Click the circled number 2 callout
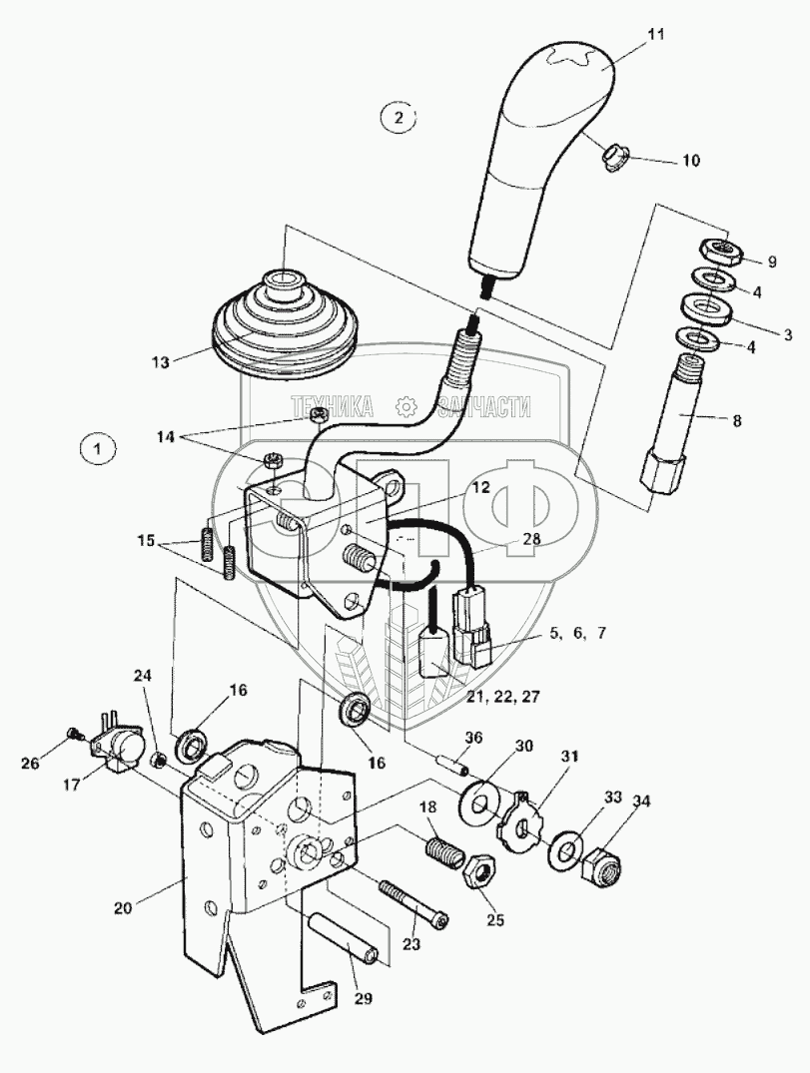(399, 118)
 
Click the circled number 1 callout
(97, 450)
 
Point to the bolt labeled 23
(411, 902)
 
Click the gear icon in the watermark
(405, 405)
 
